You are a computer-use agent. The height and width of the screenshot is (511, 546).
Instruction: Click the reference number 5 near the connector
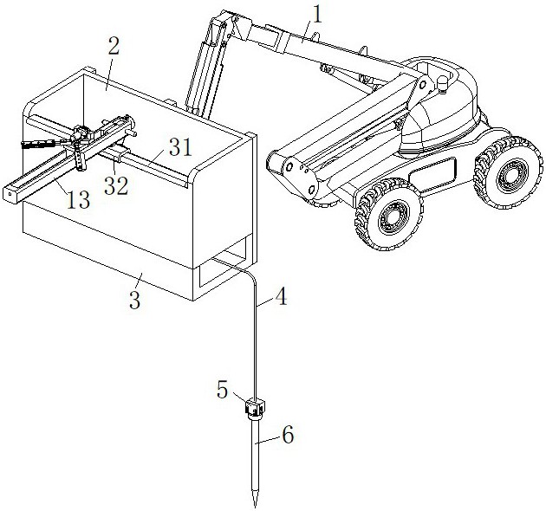click(x=224, y=390)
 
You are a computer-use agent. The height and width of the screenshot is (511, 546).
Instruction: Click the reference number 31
click(x=179, y=147)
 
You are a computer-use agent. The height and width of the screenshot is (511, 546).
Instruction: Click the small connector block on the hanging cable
click(x=253, y=404)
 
